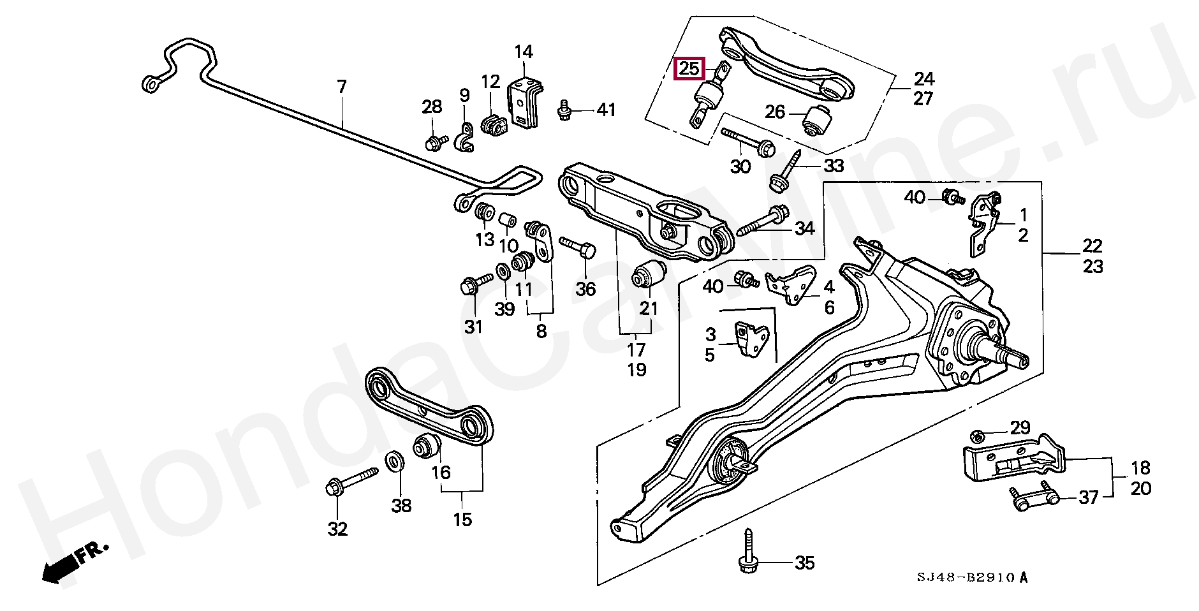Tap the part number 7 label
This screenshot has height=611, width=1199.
[x=341, y=86]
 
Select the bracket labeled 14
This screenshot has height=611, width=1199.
[x=524, y=103]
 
